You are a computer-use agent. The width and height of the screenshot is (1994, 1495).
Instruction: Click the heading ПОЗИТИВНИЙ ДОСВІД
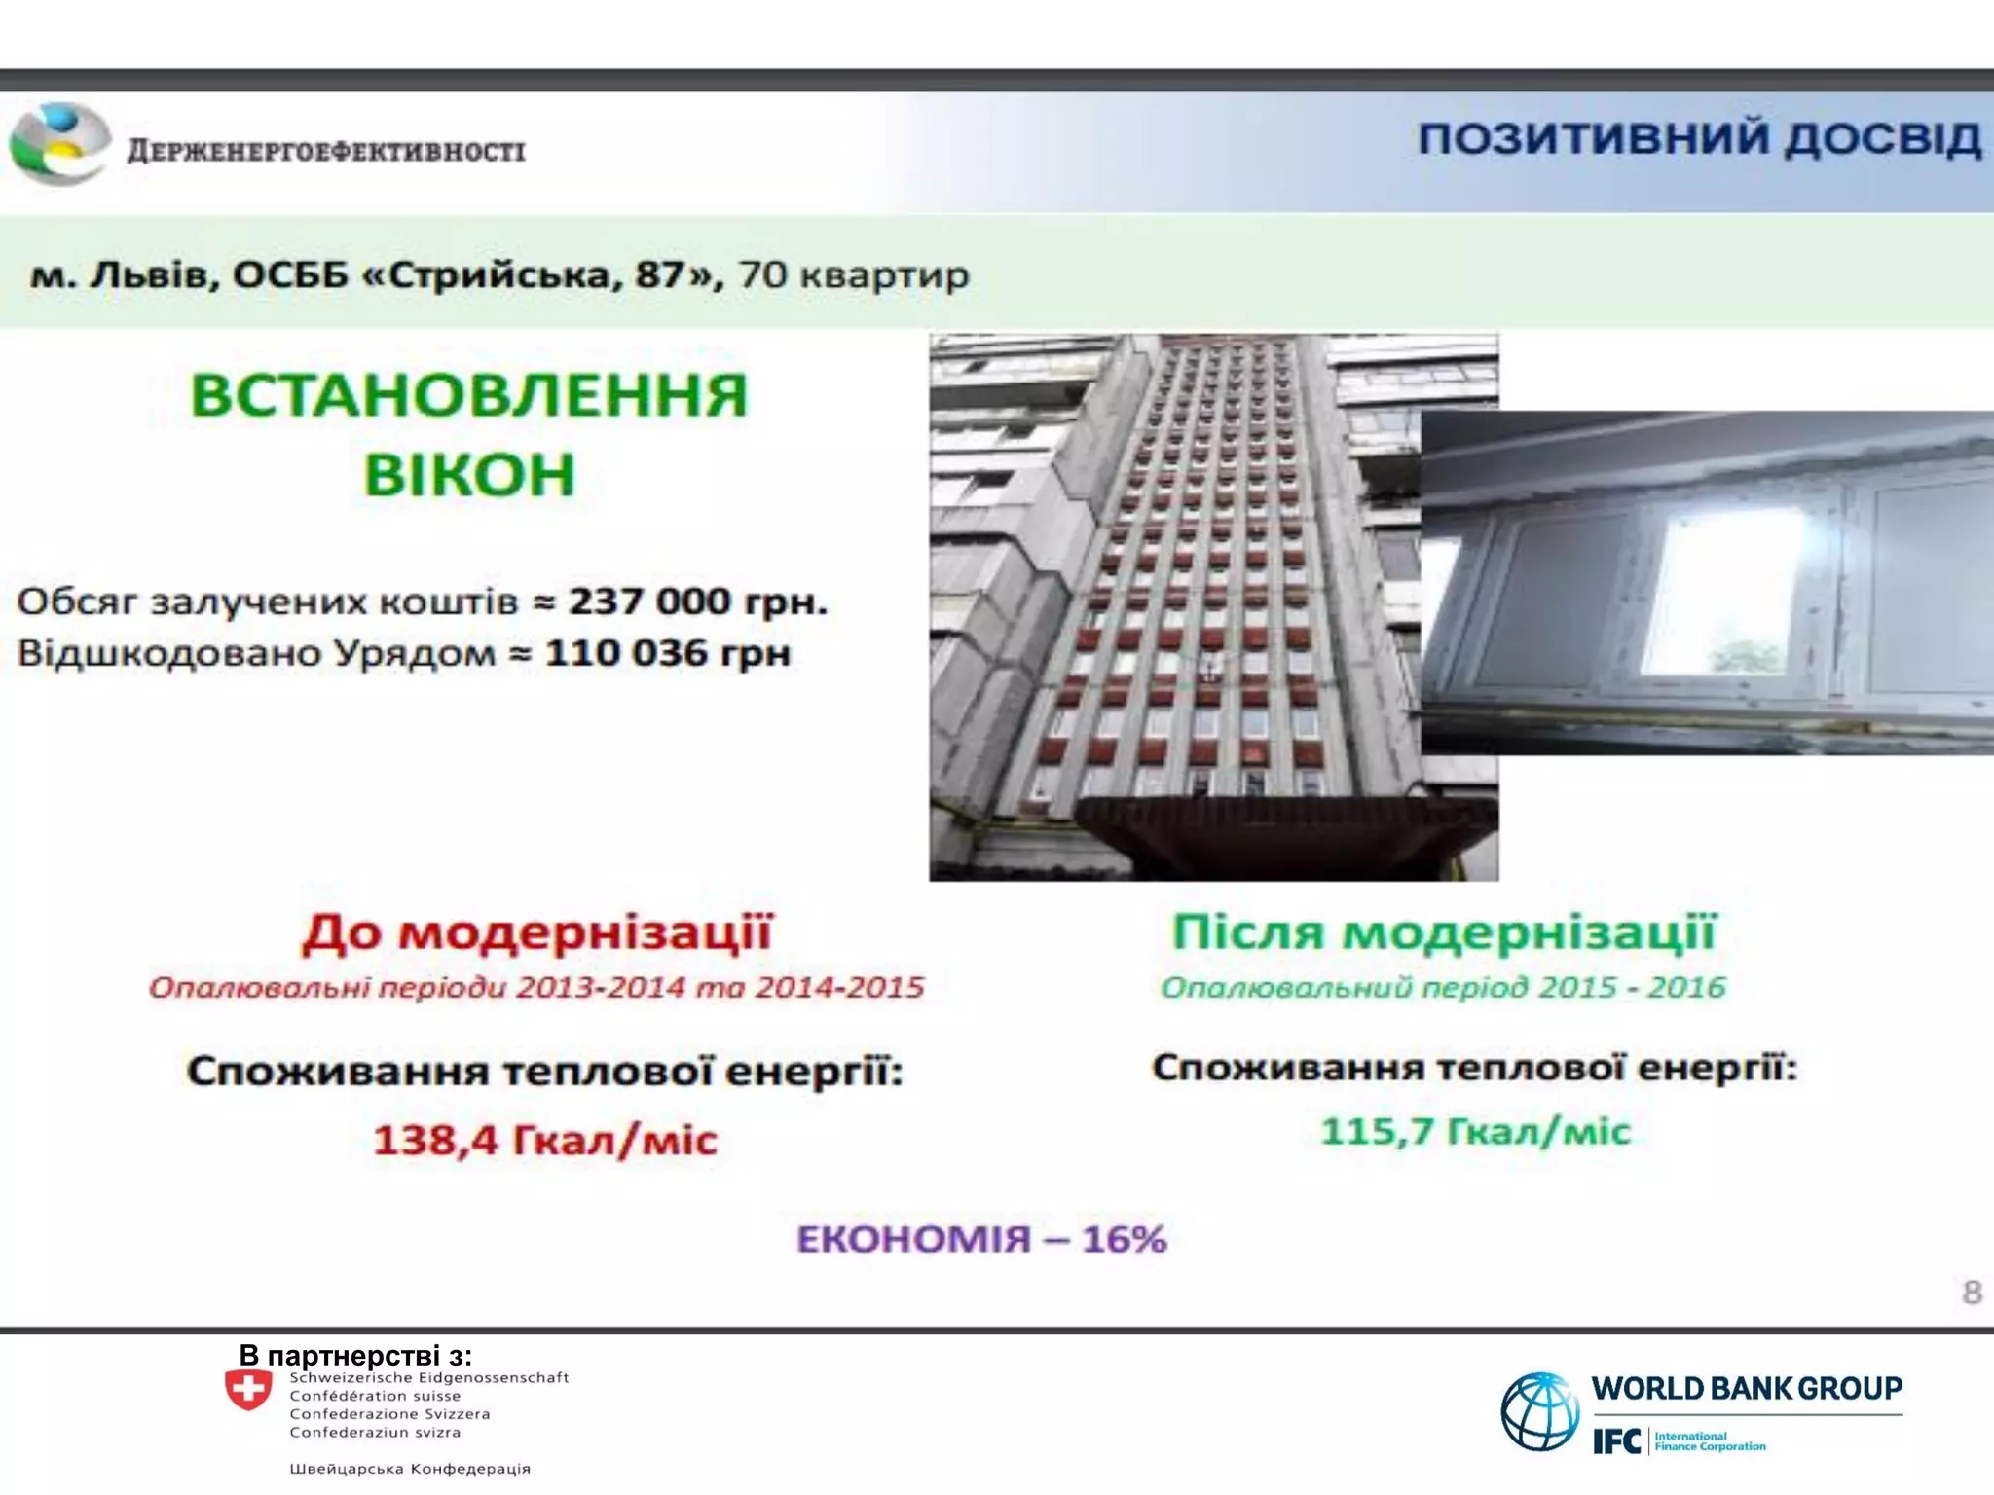(1699, 139)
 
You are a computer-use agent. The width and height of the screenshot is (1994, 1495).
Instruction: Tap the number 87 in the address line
(663, 275)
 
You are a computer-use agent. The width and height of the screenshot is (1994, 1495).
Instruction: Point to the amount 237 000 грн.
(697, 602)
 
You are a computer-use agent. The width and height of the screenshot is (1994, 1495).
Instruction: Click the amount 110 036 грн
(668, 653)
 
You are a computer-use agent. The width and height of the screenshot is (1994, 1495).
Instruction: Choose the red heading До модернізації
(537, 931)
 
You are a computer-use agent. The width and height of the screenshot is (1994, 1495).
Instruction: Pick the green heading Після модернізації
(1444, 931)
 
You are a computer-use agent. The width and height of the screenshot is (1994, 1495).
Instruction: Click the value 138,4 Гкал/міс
(545, 1140)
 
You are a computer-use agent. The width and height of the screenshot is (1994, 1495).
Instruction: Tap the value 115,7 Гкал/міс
(1475, 1131)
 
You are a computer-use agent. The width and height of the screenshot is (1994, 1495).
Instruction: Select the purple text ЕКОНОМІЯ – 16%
(981, 1239)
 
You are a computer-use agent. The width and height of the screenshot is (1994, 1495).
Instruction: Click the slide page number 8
(1972, 1293)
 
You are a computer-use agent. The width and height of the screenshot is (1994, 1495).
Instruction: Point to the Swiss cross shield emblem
(248, 1390)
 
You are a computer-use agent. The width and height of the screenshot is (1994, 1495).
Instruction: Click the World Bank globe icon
(1539, 1411)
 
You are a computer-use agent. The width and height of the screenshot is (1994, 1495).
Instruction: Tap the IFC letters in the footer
(1616, 1441)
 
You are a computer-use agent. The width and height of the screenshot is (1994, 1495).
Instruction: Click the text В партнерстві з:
(355, 1355)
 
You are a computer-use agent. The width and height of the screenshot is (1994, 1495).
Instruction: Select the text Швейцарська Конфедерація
(410, 1469)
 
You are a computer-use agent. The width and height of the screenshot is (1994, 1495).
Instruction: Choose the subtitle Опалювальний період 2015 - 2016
(1443, 988)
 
